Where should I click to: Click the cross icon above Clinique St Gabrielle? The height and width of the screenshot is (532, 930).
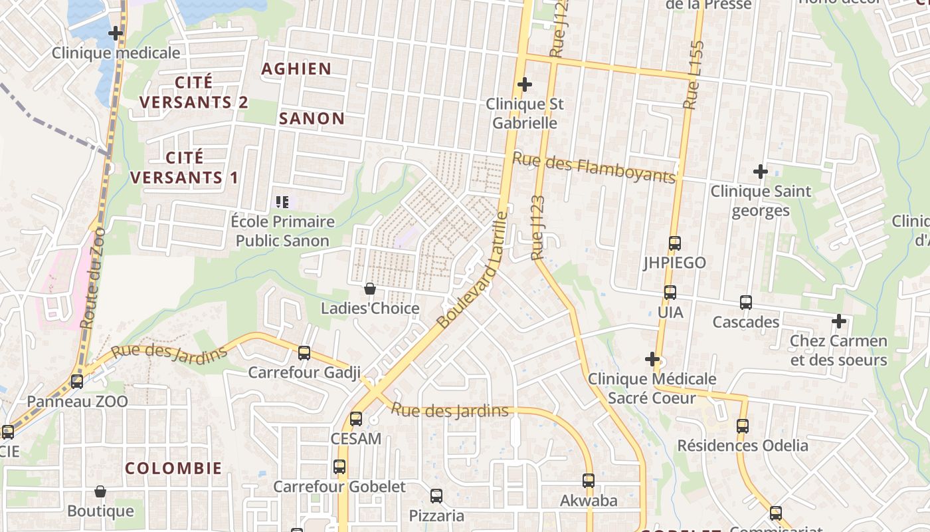click(x=525, y=84)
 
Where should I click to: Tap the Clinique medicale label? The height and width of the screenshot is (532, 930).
click(x=116, y=53)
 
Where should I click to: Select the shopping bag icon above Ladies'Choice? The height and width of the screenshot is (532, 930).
click(x=370, y=289)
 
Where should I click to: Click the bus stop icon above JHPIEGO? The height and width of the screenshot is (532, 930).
click(x=675, y=243)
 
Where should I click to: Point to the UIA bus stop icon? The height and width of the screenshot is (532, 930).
click(x=670, y=292)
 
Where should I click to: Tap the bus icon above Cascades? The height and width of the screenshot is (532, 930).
click(x=746, y=303)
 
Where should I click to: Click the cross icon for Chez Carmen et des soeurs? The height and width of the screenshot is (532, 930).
click(x=839, y=321)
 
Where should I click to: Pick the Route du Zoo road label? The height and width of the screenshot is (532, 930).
click(x=93, y=278)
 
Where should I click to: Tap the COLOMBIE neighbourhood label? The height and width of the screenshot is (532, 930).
click(x=173, y=467)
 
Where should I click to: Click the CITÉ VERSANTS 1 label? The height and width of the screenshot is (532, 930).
click(x=184, y=168)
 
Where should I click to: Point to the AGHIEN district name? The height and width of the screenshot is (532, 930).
click(x=296, y=68)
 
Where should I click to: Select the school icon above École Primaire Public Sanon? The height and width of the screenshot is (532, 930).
click(x=282, y=201)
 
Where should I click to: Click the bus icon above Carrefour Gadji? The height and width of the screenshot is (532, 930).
click(x=304, y=352)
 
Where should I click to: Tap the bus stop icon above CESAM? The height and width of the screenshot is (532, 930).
click(x=356, y=419)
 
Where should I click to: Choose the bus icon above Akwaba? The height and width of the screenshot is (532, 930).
click(x=589, y=480)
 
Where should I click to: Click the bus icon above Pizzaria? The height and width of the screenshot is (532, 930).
click(x=436, y=495)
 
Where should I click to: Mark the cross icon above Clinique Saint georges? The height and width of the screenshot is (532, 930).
click(x=761, y=172)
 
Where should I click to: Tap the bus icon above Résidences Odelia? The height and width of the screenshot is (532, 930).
click(x=743, y=426)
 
